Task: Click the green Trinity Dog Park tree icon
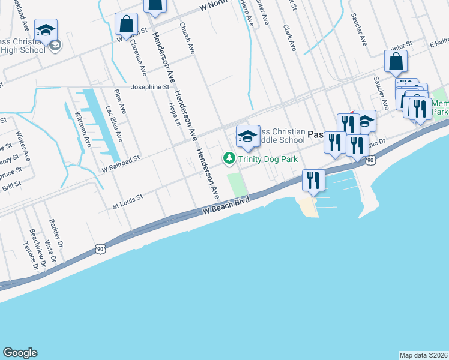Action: [229, 159]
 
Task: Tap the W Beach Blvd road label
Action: [225, 205]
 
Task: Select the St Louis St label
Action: [128, 197]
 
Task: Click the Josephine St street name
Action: [150, 86]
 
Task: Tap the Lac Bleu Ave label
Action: [114, 123]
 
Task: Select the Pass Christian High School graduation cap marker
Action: [46, 31]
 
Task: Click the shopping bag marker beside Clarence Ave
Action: [127, 25]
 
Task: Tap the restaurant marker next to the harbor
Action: [313, 179]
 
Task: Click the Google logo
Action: [20, 353]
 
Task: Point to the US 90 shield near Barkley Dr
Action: [100, 248]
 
